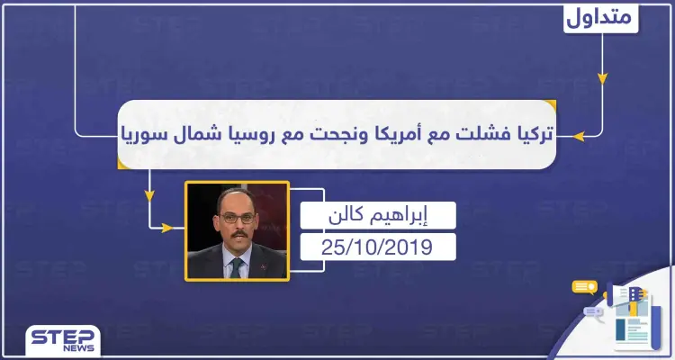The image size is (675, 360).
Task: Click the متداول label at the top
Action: coord(603,17)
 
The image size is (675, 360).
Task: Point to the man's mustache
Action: coord(237,231)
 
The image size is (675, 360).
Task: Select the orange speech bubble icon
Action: coord(585,288)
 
